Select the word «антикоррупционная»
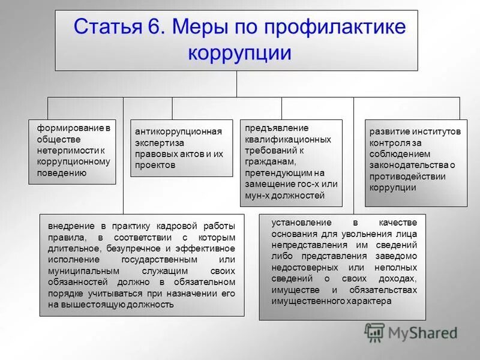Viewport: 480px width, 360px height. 178,131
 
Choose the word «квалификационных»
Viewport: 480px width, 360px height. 287,139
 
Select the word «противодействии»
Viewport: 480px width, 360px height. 407,176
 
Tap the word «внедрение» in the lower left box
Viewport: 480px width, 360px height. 70,226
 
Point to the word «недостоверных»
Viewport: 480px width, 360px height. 302,267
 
